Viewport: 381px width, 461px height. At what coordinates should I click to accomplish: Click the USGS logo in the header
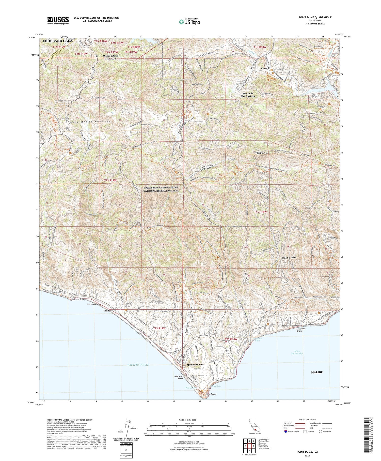(x=58, y=20)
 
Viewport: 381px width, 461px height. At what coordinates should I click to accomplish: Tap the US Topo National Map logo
(x=189, y=21)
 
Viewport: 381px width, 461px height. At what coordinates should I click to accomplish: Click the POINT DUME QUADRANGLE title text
(x=315, y=17)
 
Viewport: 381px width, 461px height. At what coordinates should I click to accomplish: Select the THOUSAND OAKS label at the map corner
(x=57, y=41)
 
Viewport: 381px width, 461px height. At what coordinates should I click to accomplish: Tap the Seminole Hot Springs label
(x=248, y=95)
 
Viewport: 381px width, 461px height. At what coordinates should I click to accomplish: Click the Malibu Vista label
(x=289, y=258)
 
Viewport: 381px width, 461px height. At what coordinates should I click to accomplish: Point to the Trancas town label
(x=108, y=311)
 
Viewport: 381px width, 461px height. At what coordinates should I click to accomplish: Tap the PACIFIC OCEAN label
(x=138, y=365)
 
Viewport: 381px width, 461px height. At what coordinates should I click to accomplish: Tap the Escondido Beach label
(x=303, y=330)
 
